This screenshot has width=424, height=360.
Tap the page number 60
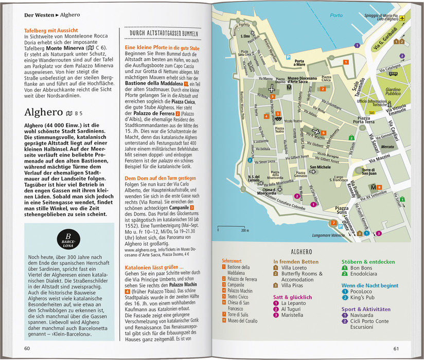[x=26, y=350]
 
